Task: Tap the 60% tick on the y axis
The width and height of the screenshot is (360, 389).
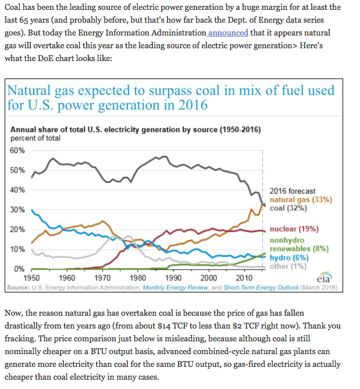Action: [x=17, y=151]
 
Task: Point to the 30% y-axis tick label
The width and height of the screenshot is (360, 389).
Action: [x=17, y=209]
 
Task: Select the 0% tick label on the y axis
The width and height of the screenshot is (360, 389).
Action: [x=19, y=269]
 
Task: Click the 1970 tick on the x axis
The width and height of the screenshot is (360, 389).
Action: [x=102, y=277]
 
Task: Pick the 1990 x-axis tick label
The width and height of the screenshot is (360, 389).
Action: [x=173, y=277]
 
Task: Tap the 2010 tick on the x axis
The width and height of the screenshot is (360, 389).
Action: [x=244, y=277]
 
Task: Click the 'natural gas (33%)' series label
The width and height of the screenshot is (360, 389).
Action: [x=301, y=199]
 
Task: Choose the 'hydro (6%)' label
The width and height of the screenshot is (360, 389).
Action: [x=289, y=258]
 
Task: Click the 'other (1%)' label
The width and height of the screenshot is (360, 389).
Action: [x=288, y=266]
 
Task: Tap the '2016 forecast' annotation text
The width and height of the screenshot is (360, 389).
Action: [x=293, y=191]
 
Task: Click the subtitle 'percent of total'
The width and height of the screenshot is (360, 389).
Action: [x=35, y=138]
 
